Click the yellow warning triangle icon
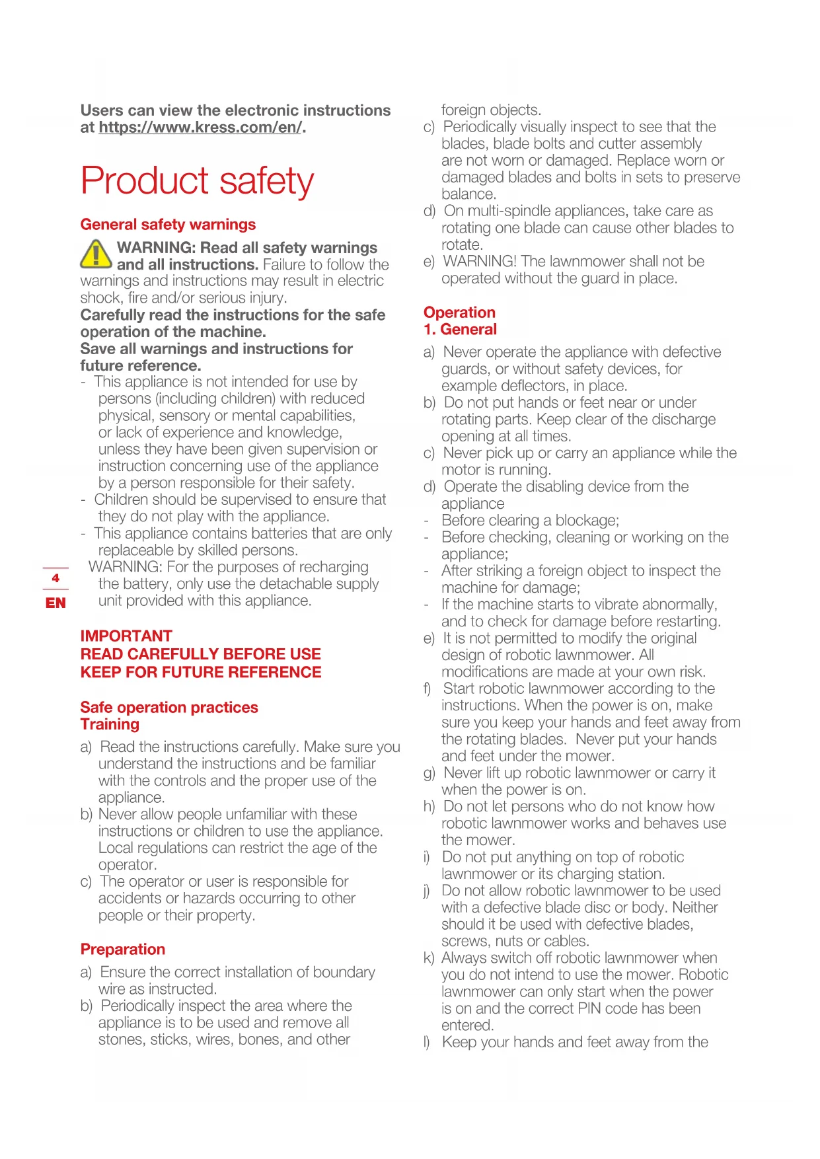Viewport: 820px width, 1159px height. (96, 254)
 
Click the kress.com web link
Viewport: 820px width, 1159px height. (200, 128)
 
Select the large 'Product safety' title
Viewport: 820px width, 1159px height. (197, 181)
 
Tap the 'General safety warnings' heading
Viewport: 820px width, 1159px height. (168, 225)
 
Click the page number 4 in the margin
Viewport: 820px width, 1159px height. (56, 578)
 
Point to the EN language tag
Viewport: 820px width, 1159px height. (56, 603)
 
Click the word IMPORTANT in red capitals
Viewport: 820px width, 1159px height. (126, 636)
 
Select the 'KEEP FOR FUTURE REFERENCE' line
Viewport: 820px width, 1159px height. (201, 672)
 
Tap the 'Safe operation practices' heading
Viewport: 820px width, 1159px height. (169, 707)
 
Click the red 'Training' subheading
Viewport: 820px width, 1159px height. (110, 724)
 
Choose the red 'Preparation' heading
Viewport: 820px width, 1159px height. (123, 950)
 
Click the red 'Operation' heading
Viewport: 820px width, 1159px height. (459, 313)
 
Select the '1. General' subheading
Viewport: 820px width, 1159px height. (461, 329)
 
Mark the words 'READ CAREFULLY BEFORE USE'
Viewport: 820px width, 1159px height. (201, 654)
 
